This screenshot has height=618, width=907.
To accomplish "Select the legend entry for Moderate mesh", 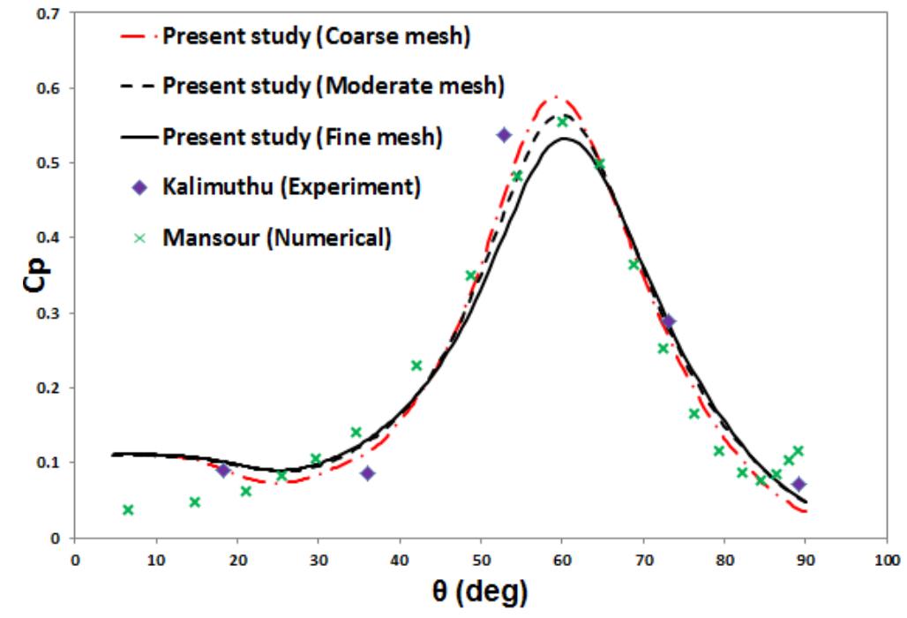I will click(334, 87).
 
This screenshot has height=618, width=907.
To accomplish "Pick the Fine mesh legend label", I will click(303, 137).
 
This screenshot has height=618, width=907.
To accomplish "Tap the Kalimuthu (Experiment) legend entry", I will click(291, 187).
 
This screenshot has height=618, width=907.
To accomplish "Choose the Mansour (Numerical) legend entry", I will click(275, 237).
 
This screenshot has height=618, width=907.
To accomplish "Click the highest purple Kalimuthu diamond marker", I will click(504, 135).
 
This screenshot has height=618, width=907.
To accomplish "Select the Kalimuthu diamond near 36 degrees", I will click(368, 473).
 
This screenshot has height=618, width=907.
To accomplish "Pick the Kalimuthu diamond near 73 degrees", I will click(668, 321).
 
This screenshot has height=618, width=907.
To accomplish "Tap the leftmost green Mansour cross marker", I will click(128, 509).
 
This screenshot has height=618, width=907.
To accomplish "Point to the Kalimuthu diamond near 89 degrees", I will click(798, 484).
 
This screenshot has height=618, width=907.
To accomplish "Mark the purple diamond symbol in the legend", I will click(139, 187).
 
